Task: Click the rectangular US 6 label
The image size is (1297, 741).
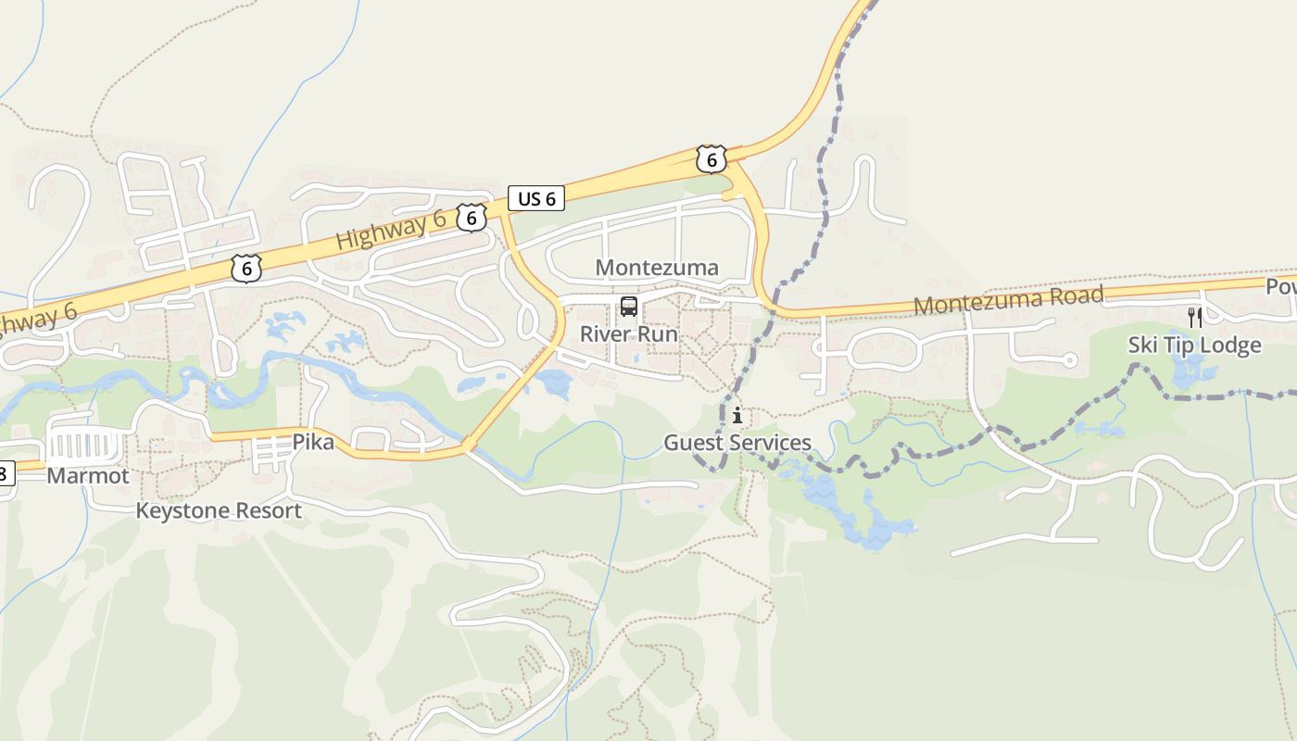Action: (x=536, y=198)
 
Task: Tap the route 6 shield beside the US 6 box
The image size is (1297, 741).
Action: (x=472, y=218)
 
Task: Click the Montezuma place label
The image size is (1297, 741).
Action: (x=657, y=269)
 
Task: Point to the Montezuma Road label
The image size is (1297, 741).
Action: (x=1008, y=300)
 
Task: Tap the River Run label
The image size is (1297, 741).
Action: (x=629, y=333)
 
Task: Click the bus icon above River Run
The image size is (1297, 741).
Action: (x=629, y=307)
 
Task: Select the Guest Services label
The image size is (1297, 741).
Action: (x=737, y=443)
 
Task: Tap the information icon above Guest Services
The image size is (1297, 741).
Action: (x=737, y=416)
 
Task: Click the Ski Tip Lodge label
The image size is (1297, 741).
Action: (x=1194, y=345)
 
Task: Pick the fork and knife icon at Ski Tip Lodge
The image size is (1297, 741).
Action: (x=1195, y=318)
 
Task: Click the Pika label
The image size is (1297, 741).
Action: (x=313, y=442)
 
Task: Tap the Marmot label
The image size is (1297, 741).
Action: (x=88, y=476)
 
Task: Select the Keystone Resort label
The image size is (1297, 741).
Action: (x=219, y=510)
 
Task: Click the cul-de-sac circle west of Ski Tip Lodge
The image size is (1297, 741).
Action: (x=1070, y=360)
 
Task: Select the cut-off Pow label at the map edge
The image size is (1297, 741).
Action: (x=1281, y=286)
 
